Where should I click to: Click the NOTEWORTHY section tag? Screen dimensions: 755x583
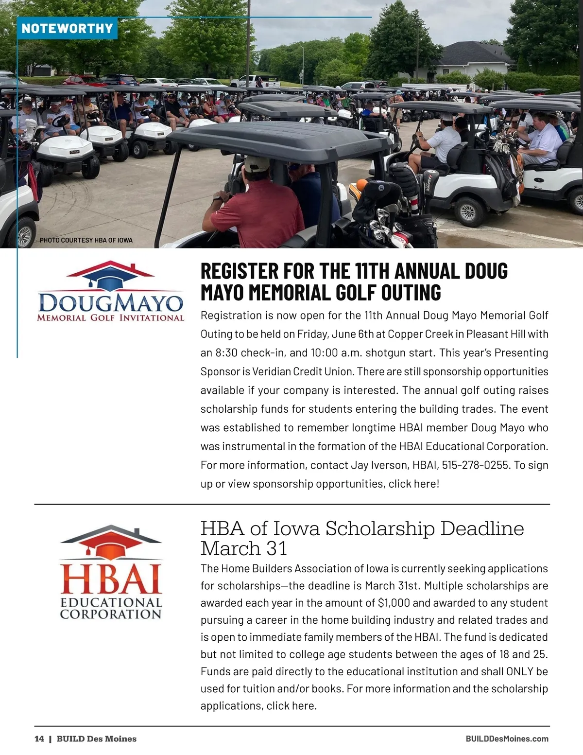[67, 28]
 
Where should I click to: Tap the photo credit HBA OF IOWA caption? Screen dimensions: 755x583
[86, 240]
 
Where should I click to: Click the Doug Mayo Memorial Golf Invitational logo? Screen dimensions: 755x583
[111, 292]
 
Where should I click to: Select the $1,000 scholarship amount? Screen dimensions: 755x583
[394, 603]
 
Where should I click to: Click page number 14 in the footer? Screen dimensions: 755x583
[39, 739]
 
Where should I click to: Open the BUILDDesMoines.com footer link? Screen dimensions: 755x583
[507, 739]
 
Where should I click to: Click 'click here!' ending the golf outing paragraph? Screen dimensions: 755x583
[414, 484]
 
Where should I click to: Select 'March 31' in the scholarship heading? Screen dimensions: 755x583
[244, 549]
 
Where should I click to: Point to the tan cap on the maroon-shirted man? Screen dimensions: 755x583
[256, 164]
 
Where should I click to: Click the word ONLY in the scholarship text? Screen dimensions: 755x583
[520, 672]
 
